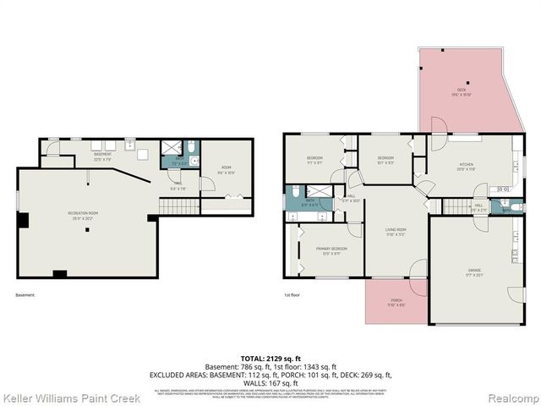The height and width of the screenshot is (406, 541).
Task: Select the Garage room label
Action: [474, 272]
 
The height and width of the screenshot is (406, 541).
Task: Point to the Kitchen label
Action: [467, 167]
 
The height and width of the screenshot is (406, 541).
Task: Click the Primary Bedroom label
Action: [328, 250]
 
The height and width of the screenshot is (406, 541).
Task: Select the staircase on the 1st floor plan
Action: [456, 207]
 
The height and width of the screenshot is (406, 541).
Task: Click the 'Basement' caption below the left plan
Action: [26, 295]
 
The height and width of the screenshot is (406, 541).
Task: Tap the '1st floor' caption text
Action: [293, 295]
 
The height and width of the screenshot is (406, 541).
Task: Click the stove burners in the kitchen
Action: [504, 189]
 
